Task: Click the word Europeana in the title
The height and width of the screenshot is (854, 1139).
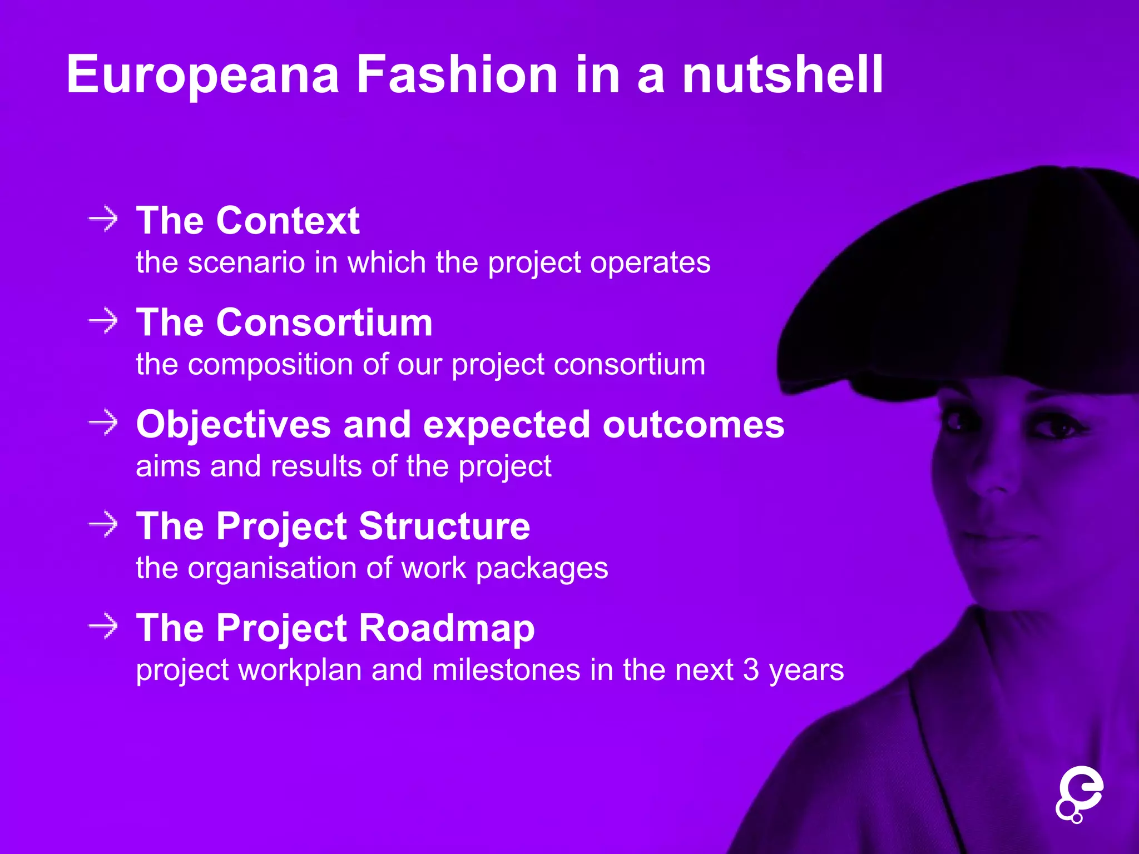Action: pos(203,75)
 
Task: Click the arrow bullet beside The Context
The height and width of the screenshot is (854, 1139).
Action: pos(103,219)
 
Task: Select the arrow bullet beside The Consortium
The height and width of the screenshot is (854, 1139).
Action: pos(103,321)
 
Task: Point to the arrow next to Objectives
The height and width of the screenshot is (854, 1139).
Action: pos(103,423)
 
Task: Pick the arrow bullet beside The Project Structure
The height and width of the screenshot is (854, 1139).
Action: pos(103,525)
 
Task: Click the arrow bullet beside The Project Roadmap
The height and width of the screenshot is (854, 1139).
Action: pos(103,627)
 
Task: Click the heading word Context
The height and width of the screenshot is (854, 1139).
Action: pos(288,221)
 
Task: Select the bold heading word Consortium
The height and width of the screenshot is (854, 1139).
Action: pos(324,322)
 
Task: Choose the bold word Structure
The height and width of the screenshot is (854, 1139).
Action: pos(444,526)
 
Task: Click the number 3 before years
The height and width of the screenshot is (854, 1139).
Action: pos(751,669)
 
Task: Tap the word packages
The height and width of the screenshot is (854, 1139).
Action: pos(542,569)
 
